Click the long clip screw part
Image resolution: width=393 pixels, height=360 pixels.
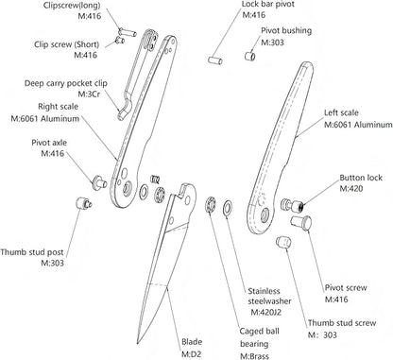[127, 32]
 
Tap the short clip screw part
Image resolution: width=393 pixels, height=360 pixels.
[120, 41]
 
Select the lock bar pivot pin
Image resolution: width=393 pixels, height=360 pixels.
[215, 60]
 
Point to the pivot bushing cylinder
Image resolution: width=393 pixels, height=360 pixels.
[250, 56]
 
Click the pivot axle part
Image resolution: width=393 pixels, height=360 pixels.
[99, 182]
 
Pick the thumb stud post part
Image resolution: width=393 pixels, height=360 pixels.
[84, 203]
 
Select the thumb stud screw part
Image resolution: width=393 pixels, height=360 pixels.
[283, 242]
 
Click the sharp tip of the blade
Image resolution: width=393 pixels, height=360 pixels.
[138, 343]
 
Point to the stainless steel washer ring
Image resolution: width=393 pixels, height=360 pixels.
[227, 209]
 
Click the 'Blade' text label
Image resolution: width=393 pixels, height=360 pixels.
[192, 342]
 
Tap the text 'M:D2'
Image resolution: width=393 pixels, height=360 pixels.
[191, 354]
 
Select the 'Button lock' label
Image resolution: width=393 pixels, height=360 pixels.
[361, 178]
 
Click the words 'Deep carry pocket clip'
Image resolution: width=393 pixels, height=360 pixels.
[66, 84]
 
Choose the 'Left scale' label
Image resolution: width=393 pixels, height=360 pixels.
[341, 112]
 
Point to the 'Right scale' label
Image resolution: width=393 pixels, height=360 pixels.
[58, 107]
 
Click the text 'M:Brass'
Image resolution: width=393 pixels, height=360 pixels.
[255, 356]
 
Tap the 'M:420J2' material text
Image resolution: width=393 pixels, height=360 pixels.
[266, 312]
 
